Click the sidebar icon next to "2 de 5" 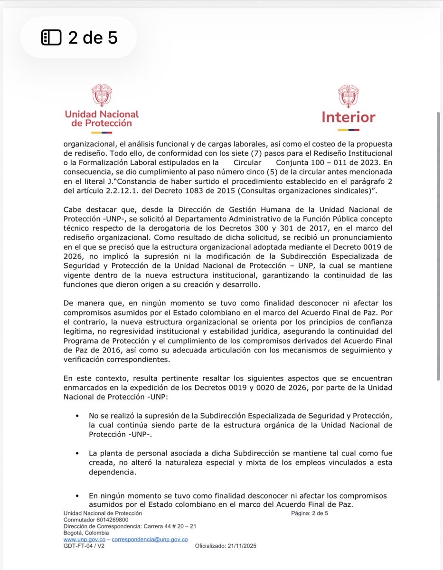pyautogui.click(x=51, y=38)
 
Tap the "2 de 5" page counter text pyautogui.click(x=93, y=38)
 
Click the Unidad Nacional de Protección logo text pyautogui.click(x=102, y=119)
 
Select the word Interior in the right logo pyautogui.click(x=349, y=117)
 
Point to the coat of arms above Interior pyautogui.click(x=349, y=96)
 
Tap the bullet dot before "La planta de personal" pyautogui.click(x=77, y=453)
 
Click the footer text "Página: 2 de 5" pyautogui.click(x=310, y=513)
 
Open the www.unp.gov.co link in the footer pyautogui.click(x=85, y=540)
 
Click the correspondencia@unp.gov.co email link pyautogui.click(x=150, y=540)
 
